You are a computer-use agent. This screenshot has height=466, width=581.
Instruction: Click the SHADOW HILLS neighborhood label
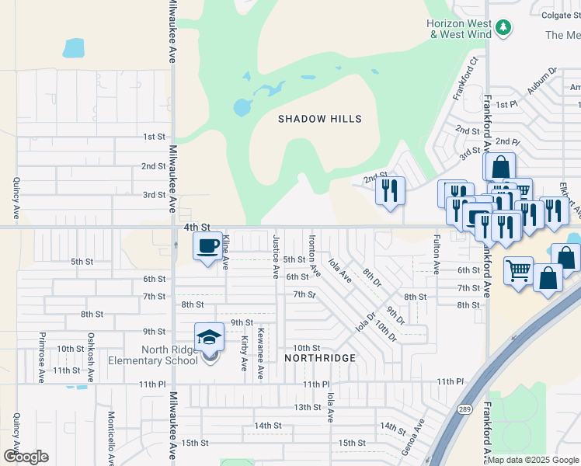pos(320,119)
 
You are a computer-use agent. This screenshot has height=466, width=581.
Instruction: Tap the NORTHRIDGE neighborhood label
pos(319,358)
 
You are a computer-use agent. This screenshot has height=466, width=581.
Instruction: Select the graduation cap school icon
pos(209,338)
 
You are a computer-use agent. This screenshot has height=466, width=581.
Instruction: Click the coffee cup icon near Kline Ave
pos(207,247)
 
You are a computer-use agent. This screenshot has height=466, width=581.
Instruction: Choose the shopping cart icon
pos(518,271)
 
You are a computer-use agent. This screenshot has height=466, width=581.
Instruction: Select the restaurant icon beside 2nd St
pos(390,190)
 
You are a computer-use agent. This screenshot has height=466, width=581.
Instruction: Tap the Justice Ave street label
pos(275,256)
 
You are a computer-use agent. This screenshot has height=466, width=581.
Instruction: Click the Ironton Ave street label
pos(314,256)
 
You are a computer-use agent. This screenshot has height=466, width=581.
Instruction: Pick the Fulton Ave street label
pos(437,254)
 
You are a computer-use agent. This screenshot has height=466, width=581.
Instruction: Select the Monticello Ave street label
pos(111,438)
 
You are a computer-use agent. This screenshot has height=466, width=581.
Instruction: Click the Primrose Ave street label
pos(41,358)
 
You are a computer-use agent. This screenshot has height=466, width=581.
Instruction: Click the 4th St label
pos(197,227)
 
